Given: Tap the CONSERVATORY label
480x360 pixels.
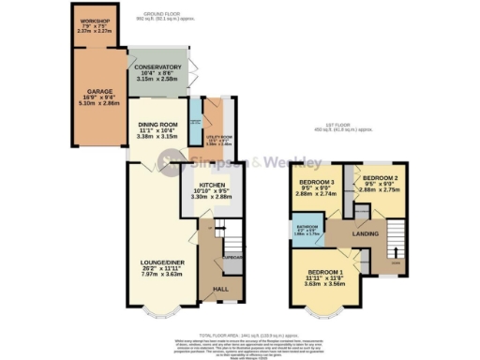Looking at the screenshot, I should coord(157,69).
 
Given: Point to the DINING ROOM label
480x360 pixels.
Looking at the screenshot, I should coord(157,126).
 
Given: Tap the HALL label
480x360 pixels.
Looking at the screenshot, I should coord(222,290).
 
